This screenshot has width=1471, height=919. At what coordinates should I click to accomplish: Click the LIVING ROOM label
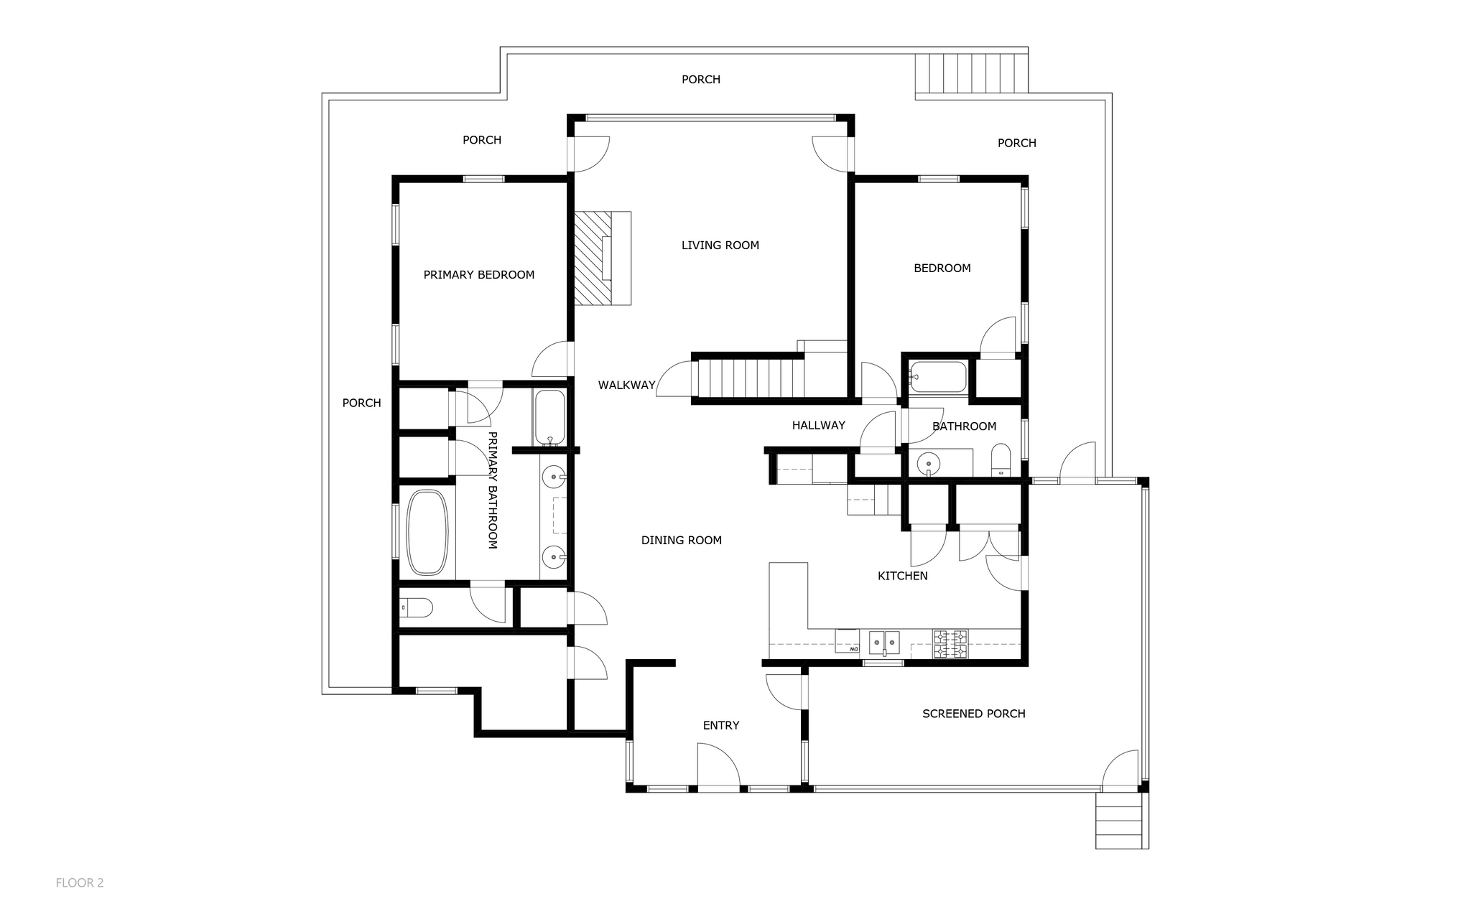click(x=720, y=246)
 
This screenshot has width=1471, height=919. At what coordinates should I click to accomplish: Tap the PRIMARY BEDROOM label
click(x=479, y=275)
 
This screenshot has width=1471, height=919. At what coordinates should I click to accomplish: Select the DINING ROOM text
click(x=682, y=541)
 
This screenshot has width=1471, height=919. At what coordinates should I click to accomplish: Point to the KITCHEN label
click(x=903, y=576)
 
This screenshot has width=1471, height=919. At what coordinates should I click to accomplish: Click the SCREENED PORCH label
click(x=974, y=714)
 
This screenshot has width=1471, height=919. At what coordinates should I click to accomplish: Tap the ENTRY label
click(x=721, y=726)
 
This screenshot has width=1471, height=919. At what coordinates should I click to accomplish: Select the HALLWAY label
click(x=819, y=426)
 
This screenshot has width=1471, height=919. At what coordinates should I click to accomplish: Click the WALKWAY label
click(x=627, y=386)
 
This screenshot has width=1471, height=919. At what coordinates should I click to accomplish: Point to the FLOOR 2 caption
click(x=80, y=883)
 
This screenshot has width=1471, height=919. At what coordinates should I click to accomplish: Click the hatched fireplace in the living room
click(x=602, y=258)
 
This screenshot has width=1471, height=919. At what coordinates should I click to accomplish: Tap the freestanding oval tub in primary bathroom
click(x=427, y=532)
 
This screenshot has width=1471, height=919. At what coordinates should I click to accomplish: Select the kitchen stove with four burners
click(x=950, y=644)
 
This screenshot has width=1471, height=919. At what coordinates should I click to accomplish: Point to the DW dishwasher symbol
click(x=848, y=641)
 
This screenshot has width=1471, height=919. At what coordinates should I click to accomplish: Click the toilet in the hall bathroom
click(x=1001, y=461)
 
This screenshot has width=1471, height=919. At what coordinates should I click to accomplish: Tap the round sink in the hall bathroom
click(x=929, y=463)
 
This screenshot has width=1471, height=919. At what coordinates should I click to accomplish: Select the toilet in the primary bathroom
click(x=416, y=608)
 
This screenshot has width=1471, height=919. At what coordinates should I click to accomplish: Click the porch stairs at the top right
click(x=971, y=75)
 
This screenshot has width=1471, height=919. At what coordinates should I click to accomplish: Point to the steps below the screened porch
click(x=1119, y=821)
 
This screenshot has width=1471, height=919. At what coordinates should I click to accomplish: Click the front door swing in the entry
click(x=718, y=767)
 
